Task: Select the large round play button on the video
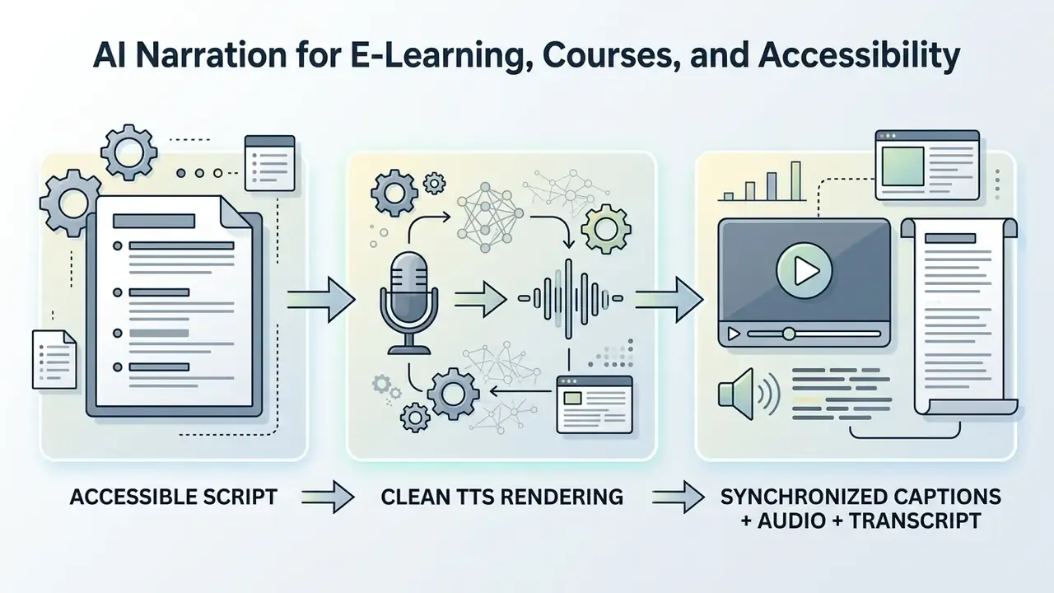(x=804, y=271)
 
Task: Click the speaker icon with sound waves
(x=749, y=395)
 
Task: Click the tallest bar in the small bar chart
(x=795, y=181)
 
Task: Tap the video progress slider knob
(x=789, y=334)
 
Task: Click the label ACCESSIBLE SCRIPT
(x=174, y=497)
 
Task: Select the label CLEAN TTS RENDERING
(x=502, y=497)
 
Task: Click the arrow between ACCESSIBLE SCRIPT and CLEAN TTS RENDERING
(x=328, y=497)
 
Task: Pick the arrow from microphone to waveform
(x=481, y=299)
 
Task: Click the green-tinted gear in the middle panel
(x=606, y=229)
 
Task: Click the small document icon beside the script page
(x=54, y=360)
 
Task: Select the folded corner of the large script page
(x=236, y=212)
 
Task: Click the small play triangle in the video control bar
(x=734, y=334)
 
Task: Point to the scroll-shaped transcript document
(x=959, y=316)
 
